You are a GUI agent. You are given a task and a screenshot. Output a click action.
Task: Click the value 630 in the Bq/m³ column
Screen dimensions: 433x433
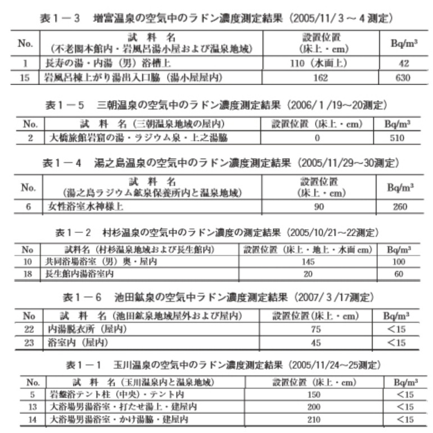[403, 78]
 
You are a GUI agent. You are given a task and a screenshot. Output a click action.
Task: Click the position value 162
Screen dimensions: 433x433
[321, 78]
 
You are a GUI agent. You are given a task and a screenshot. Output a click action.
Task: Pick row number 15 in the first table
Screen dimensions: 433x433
[24, 78]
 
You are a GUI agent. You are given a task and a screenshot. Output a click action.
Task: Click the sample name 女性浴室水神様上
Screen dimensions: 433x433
[85, 206]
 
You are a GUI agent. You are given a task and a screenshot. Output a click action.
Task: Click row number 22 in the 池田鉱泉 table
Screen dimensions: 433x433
[29, 329]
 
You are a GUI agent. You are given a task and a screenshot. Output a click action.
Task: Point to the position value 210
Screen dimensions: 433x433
[314, 420]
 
